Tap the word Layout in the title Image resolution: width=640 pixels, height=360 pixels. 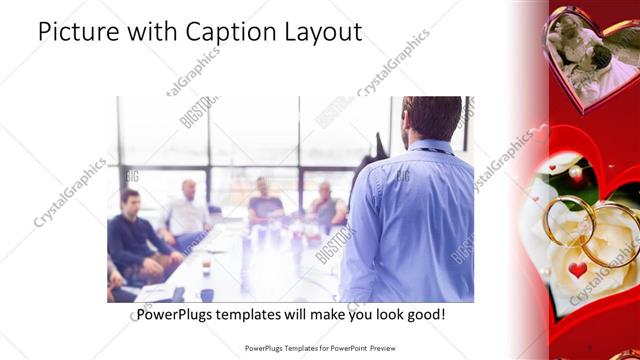(x=320, y=32)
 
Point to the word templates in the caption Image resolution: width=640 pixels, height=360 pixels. (x=259, y=315)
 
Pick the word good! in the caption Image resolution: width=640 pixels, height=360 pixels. (x=424, y=315)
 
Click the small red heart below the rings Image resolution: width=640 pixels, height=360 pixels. (x=578, y=270)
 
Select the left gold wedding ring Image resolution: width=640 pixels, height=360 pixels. (x=567, y=218)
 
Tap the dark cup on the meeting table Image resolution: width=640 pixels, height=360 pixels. (x=206, y=294)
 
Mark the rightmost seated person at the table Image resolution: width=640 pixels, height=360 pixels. (x=326, y=207)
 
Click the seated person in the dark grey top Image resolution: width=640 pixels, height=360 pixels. (x=265, y=204)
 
